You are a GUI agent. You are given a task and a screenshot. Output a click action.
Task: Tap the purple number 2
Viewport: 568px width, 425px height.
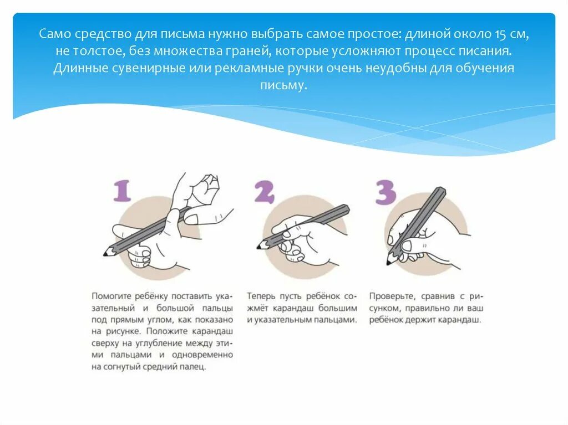coord(265,192)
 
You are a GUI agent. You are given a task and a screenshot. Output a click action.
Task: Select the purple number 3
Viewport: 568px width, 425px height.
coord(386,192)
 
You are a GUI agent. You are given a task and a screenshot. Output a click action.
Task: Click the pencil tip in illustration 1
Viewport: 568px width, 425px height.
coord(105,254)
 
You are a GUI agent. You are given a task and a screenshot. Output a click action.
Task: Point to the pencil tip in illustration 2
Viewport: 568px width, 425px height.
coord(258,247)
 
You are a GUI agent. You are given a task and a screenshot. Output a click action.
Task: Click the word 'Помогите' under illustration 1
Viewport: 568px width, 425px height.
coord(111,296)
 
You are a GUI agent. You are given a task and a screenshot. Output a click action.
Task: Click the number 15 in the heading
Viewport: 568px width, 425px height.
coord(499,34)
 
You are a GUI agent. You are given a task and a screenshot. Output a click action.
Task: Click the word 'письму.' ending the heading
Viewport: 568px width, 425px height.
coord(283,85)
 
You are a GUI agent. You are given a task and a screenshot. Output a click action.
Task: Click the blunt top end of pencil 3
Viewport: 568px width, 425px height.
coord(441,191)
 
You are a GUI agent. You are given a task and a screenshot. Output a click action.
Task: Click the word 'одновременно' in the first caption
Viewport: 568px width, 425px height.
coord(202,355)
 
